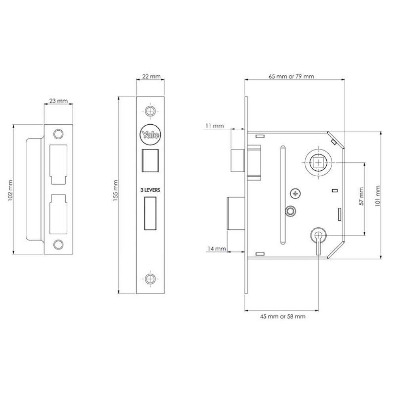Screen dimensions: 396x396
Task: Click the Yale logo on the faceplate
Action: (150, 135)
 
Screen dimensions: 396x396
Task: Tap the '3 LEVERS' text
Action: (150, 190)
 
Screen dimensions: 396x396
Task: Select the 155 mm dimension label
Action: (116, 190)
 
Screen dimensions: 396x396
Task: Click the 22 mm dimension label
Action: (150, 76)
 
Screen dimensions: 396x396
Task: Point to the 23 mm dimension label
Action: (59, 101)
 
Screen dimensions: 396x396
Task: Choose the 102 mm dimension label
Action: (10, 190)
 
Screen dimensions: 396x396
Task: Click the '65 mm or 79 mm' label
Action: (291, 76)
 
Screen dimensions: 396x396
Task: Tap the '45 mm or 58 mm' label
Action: (283, 316)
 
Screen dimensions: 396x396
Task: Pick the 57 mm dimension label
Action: (361, 196)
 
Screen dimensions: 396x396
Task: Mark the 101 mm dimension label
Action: (377, 196)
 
